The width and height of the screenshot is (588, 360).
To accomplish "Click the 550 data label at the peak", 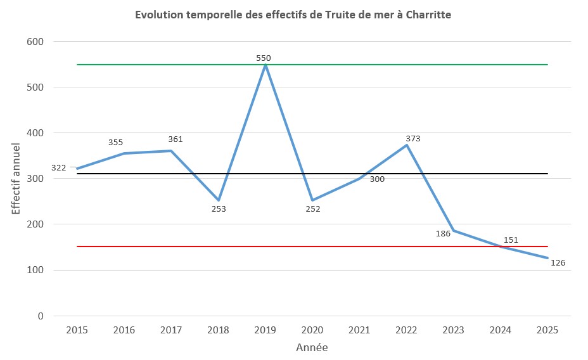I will click(264, 58).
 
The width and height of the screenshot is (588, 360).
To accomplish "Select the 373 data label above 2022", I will click(413, 138).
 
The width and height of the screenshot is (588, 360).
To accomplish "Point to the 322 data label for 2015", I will click(58, 168).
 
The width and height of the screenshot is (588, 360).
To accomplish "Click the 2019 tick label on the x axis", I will click(265, 330).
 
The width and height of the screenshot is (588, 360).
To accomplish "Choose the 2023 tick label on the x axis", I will click(453, 330).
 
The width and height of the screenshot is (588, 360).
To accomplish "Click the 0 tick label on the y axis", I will click(41, 316).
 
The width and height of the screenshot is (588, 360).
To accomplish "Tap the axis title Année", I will click(312, 347).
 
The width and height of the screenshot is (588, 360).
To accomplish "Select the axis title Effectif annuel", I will click(16, 179).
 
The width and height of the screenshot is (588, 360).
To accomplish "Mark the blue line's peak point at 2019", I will click(265, 65).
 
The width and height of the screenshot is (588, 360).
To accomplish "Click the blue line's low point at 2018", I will click(219, 200).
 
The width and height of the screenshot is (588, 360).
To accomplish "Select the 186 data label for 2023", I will click(443, 233).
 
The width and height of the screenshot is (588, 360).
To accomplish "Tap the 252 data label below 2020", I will click(313, 209).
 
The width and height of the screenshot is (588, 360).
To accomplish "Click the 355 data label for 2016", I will click(115, 143).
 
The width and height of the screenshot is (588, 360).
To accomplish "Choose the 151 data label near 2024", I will click(511, 240).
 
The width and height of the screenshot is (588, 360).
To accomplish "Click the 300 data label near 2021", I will click(377, 179).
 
